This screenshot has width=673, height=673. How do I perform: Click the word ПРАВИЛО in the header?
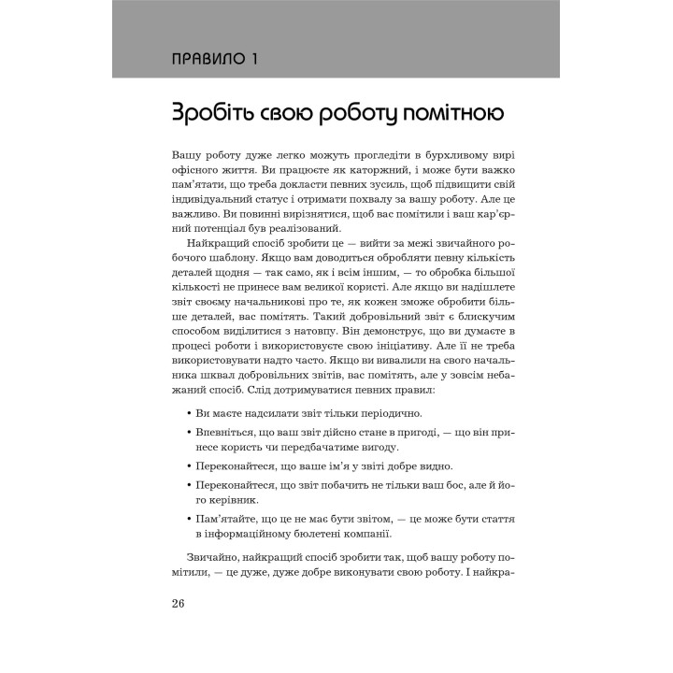pyautogui.click(x=208, y=61)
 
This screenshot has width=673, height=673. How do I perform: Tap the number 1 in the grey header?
pyautogui.click(x=254, y=61)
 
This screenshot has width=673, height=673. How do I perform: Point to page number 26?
pyautogui.click(x=179, y=603)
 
